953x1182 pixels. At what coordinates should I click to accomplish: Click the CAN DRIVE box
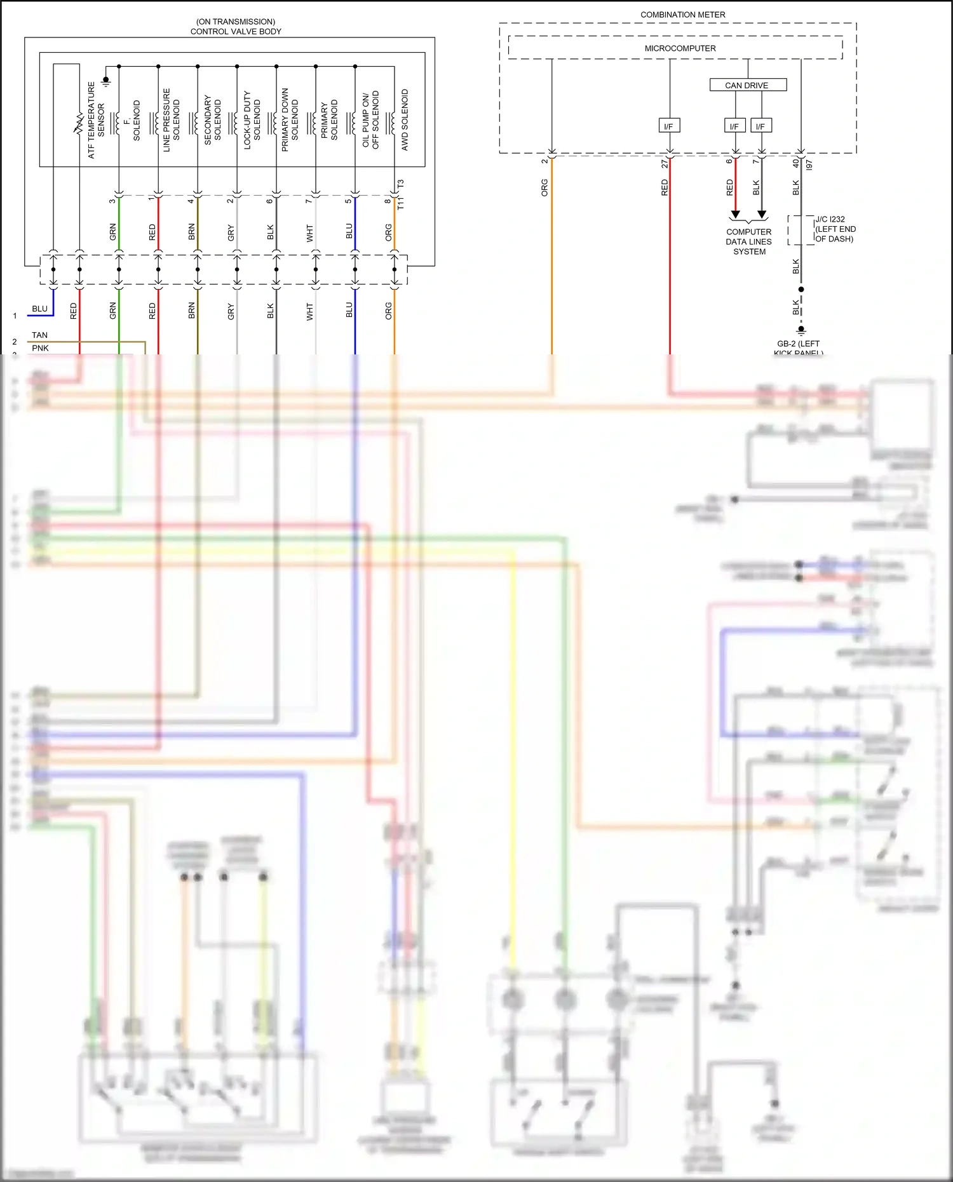(x=747, y=85)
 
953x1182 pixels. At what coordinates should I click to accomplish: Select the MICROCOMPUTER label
(x=680, y=48)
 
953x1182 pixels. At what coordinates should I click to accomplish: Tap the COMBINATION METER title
(x=682, y=15)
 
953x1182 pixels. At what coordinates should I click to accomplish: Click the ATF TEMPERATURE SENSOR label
(x=96, y=120)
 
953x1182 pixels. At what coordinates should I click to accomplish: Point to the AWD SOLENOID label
(x=405, y=119)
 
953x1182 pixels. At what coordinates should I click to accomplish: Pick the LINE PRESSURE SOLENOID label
(x=172, y=120)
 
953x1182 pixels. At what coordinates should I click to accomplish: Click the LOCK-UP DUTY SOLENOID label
(x=252, y=120)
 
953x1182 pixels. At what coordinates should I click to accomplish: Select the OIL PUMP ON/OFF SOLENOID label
(x=370, y=120)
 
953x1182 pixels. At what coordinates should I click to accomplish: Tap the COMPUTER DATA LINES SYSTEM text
(x=749, y=242)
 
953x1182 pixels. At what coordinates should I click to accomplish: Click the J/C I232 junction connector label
(x=835, y=229)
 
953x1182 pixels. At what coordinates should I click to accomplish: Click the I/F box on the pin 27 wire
(x=668, y=126)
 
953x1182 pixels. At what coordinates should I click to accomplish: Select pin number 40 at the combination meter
(x=796, y=163)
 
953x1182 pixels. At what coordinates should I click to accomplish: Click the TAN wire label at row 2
(x=39, y=335)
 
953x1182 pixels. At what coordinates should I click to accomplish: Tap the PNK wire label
(x=40, y=348)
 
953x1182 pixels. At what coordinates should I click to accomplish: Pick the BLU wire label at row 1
(x=39, y=309)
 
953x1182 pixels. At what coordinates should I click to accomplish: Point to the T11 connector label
(x=400, y=203)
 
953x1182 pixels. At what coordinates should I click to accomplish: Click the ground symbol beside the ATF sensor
(x=106, y=81)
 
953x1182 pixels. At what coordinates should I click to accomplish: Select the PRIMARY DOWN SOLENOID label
(x=290, y=120)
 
